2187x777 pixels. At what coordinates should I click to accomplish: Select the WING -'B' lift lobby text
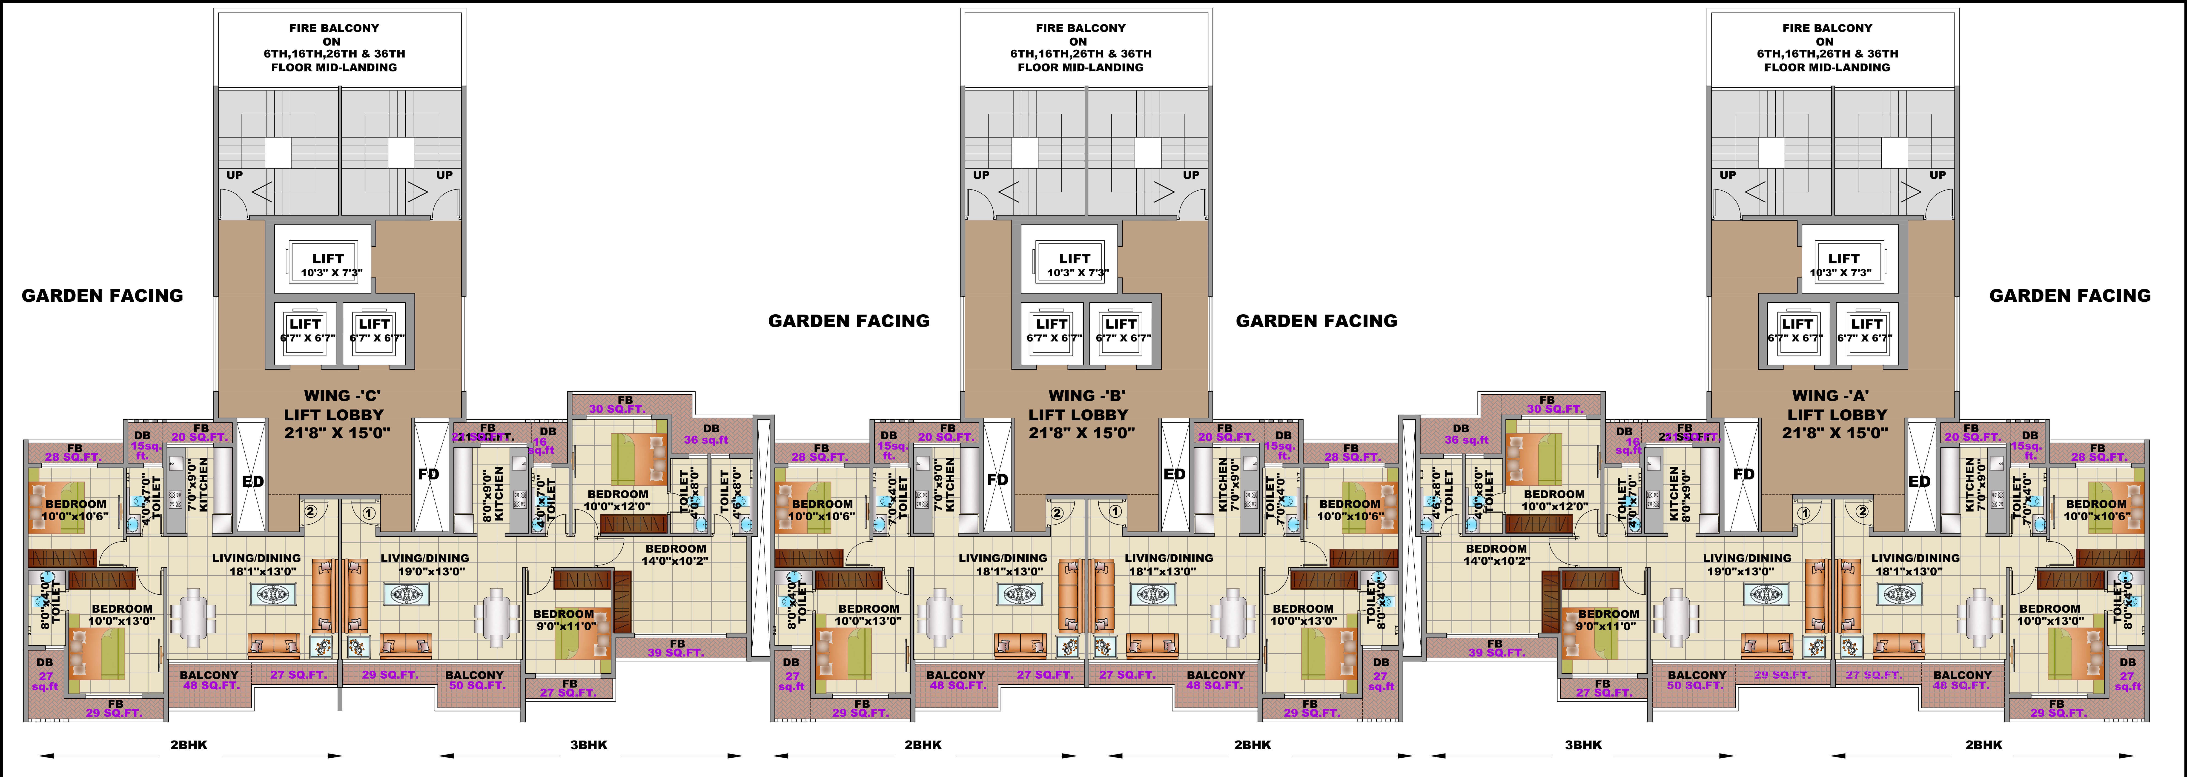coord(1078,414)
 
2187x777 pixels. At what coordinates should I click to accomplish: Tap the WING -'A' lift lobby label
coord(1835,414)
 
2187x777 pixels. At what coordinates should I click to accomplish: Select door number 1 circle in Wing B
coord(1115,511)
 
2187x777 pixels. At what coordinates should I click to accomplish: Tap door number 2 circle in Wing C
coord(311,511)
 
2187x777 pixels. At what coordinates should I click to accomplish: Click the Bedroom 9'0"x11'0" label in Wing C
coord(564,620)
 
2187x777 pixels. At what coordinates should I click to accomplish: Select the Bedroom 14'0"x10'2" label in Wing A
coord(1496,554)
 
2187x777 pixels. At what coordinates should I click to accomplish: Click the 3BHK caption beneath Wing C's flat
coord(588,745)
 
